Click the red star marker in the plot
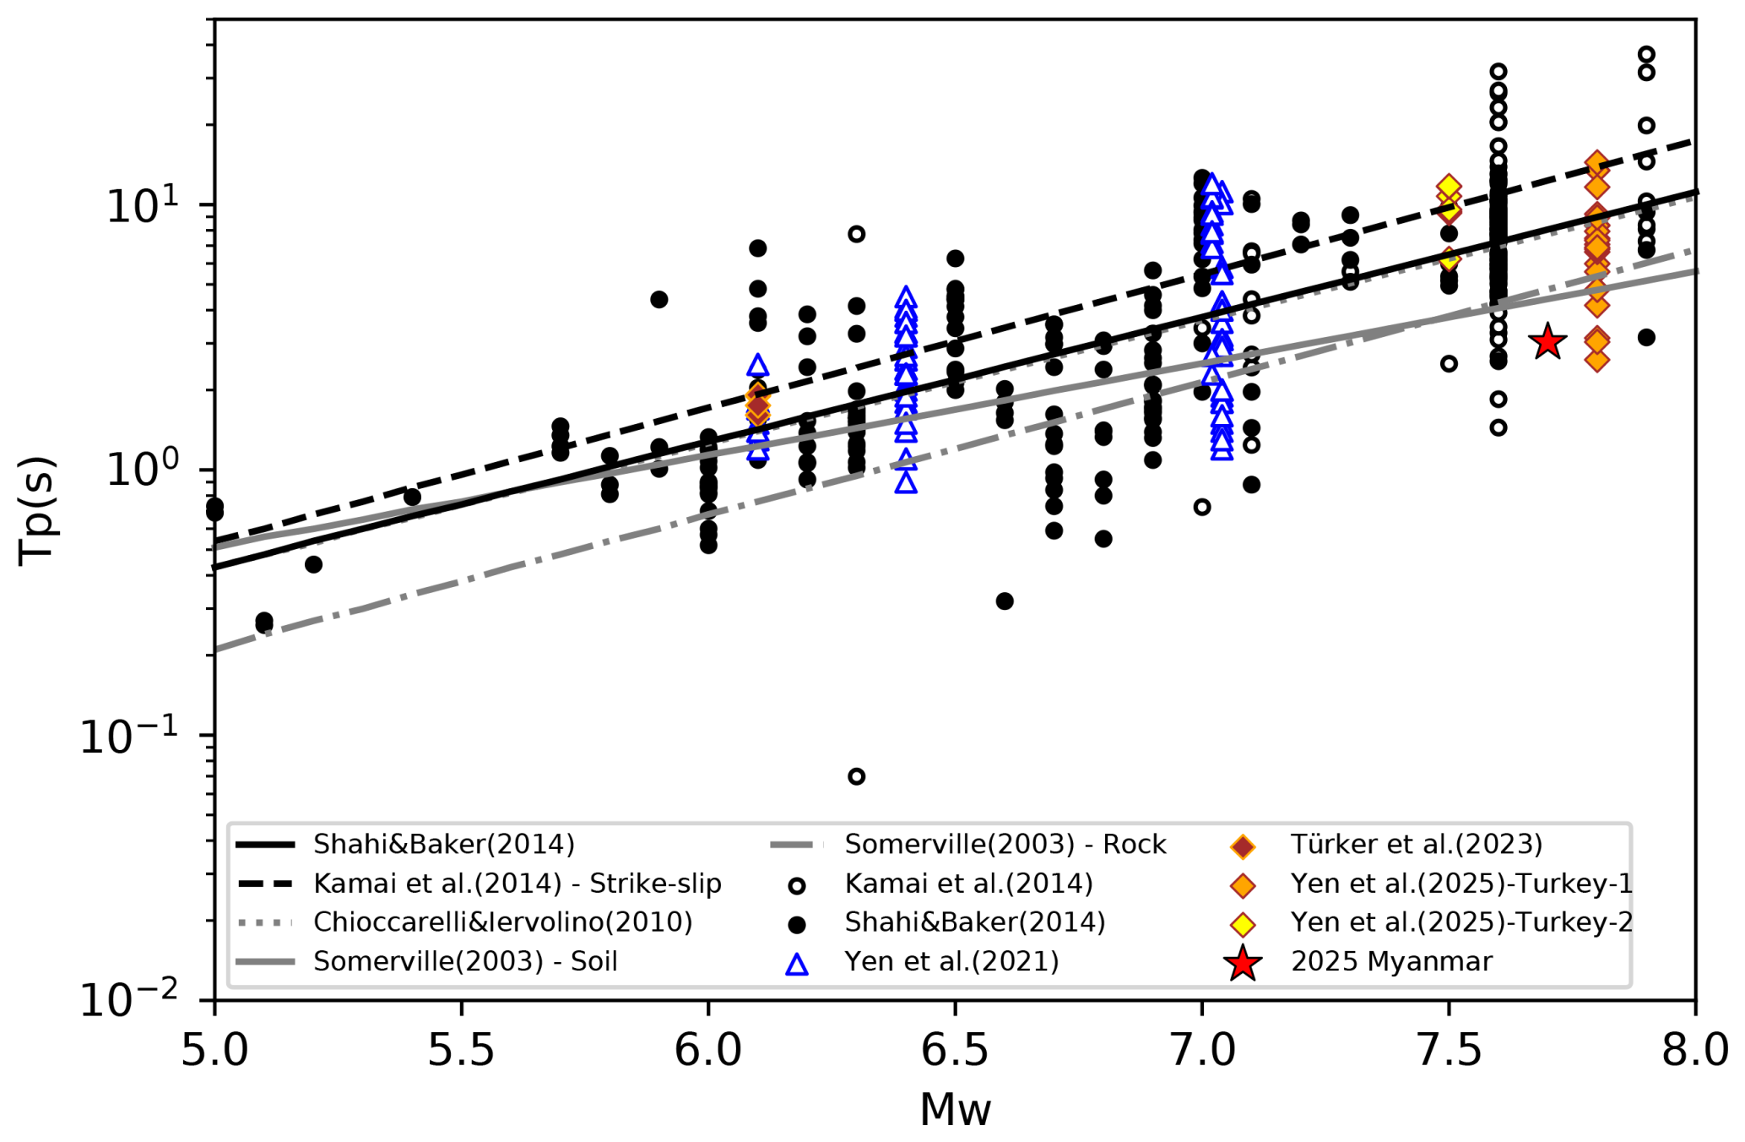1547,341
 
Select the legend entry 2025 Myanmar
1391,961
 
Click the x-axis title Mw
955,1110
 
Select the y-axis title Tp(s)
37,510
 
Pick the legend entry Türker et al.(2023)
1416,844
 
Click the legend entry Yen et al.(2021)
951,961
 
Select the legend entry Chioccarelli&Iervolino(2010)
502,922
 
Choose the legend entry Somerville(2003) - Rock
1005,844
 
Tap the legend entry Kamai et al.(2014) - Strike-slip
517,884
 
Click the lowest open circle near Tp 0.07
856,776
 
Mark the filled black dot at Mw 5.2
313,564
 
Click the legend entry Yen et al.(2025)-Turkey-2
1460,922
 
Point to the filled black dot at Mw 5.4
412,497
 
